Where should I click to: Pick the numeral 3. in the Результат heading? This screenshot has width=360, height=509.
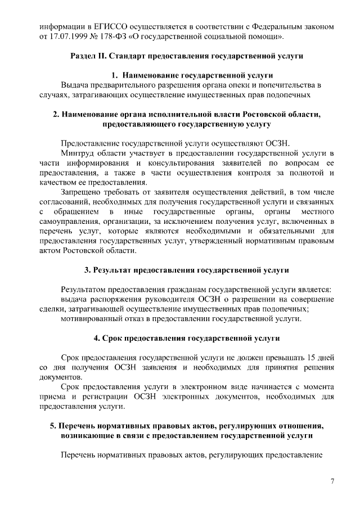[x=88, y=270]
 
